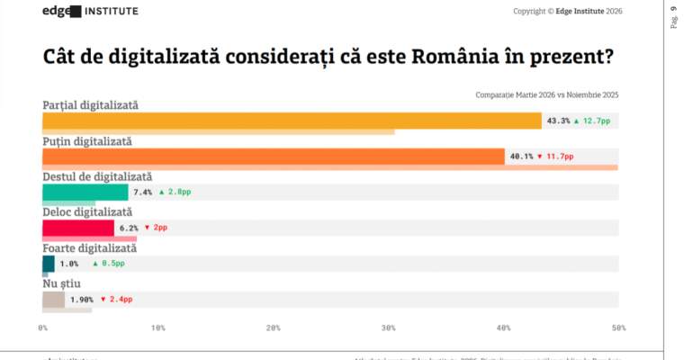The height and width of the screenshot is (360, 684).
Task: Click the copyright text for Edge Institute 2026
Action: (567, 12)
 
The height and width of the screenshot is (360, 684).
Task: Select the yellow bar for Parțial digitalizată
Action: (292, 121)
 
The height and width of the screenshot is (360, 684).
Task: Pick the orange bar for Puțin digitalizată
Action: (274, 157)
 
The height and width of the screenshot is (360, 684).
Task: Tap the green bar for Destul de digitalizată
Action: (85, 192)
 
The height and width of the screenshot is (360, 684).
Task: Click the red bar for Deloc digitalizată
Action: (78, 228)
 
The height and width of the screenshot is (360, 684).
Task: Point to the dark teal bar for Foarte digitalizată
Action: (49, 264)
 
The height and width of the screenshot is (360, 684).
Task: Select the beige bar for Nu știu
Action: (53, 299)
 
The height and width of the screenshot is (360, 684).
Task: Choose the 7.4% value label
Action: (142, 192)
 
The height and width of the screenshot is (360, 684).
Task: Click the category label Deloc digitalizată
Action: (87, 212)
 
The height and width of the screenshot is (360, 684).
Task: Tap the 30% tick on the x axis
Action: (388, 328)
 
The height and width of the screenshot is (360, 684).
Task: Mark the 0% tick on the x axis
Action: (43, 328)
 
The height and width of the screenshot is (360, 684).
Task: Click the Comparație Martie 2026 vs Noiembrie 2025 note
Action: (546, 94)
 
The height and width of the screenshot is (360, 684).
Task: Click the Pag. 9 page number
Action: (674, 17)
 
